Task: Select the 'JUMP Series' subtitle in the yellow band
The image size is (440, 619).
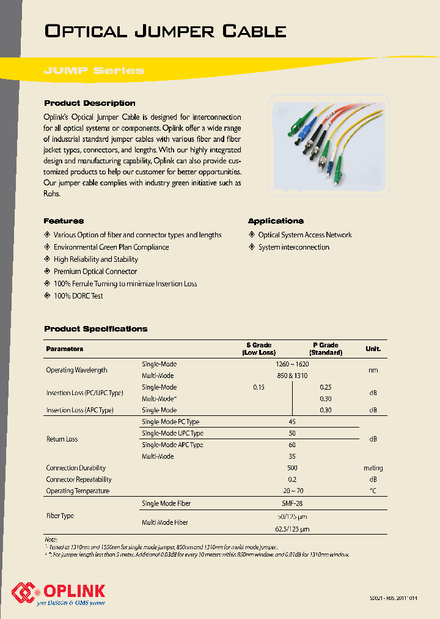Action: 94,70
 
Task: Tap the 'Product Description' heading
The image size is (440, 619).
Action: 90,103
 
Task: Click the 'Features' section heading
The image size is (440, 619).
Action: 64,221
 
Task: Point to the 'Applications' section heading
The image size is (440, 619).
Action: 276,221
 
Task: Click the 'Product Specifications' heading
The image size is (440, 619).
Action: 96,329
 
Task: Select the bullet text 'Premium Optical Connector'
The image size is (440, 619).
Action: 95,272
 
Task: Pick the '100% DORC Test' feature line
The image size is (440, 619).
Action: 78,296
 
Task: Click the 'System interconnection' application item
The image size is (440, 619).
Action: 293,247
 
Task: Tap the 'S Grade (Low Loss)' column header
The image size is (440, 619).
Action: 259,349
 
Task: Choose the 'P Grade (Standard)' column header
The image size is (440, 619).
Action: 326,349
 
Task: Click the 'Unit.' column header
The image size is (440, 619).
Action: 373,349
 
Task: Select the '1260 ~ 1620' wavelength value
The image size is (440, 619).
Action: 292,364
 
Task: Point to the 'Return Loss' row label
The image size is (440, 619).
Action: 62,439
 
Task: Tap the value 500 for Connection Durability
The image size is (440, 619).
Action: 292,468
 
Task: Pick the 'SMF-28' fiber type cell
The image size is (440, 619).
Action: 292,503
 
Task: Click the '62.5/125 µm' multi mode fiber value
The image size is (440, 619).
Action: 292,529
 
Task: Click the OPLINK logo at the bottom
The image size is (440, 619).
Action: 59,592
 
